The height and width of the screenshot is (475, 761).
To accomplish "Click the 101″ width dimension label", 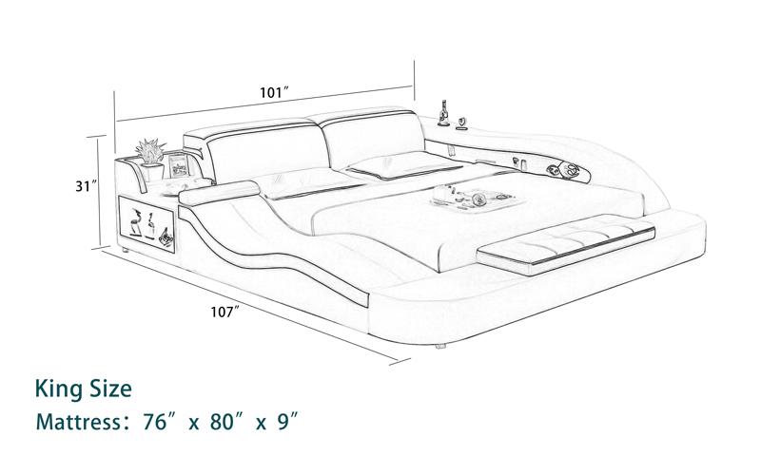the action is (275, 92).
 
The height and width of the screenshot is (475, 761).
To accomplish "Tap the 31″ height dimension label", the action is (87, 185).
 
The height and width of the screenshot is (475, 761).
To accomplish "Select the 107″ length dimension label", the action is (225, 313).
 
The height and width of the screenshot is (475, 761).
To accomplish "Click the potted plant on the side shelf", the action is (151, 159).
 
